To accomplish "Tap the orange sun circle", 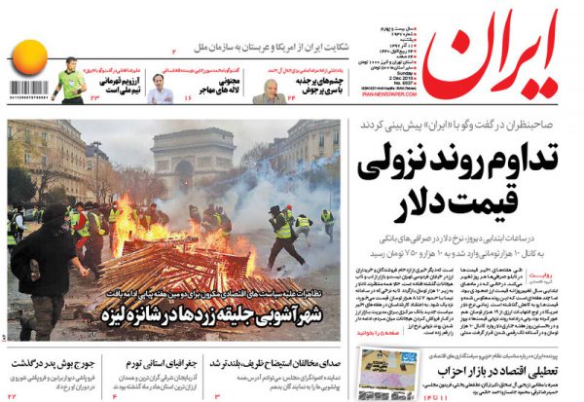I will click(30, 61).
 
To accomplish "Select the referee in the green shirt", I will click(69, 83).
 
